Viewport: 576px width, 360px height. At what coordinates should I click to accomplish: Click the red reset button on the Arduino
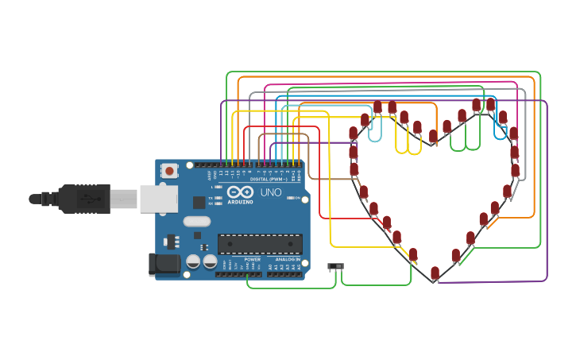[169, 170]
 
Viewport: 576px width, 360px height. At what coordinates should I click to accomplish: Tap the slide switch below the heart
[338, 266]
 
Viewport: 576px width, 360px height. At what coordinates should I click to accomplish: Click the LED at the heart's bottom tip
[435, 273]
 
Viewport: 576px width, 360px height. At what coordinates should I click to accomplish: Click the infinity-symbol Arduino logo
[241, 192]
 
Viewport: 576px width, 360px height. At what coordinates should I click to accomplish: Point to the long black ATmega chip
[260, 244]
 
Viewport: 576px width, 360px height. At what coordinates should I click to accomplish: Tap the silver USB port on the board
[159, 199]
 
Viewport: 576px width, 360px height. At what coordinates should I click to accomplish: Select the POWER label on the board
[252, 259]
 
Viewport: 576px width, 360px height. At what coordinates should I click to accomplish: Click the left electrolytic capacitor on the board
[193, 261]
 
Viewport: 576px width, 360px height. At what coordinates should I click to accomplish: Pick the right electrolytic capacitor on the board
[210, 261]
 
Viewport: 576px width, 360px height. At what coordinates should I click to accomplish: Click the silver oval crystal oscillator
[195, 223]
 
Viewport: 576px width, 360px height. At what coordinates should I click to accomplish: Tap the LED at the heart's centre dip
[432, 137]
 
